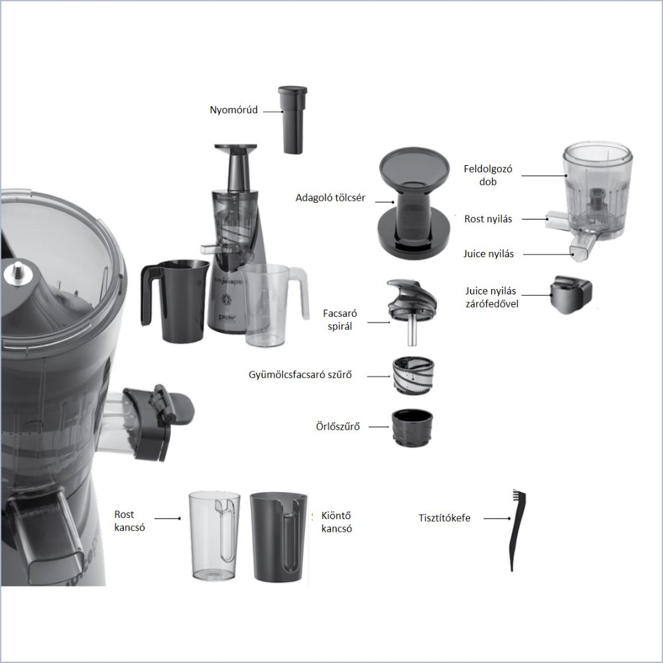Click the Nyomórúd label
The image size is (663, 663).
click(234, 110)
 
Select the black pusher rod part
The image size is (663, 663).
click(292, 120)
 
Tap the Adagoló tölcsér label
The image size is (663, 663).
click(330, 198)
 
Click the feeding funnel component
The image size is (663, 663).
click(414, 203)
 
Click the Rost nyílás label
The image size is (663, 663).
click(488, 219)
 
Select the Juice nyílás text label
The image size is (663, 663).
click(489, 254)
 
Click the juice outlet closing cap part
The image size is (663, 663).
click(570, 294)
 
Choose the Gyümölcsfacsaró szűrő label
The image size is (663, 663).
click(300, 375)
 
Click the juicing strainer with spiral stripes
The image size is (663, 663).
click(413, 375)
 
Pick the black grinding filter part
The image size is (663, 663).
click(412, 427)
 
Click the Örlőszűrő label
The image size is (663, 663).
click(338, 426)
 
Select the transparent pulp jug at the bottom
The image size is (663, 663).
click(214, 536)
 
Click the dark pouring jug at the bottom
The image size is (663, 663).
click(278, 537)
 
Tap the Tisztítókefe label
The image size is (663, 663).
click(444, 518)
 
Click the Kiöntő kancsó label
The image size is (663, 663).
click(337, 522)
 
